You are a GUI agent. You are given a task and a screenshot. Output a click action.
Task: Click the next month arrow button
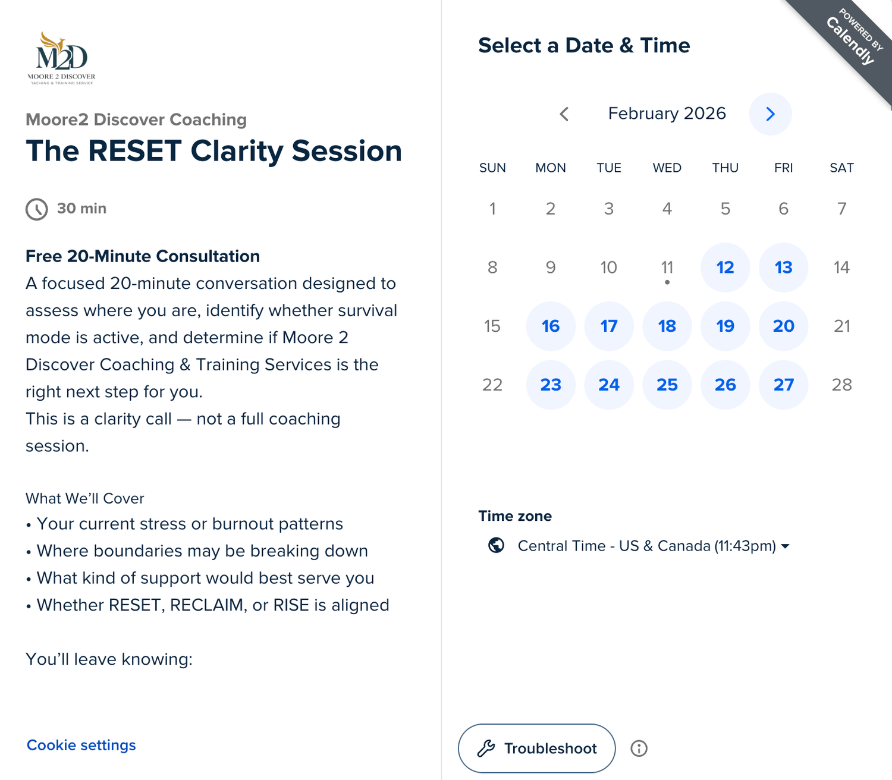(x=770, y=114)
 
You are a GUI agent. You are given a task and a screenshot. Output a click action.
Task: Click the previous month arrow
(x=564, y=114)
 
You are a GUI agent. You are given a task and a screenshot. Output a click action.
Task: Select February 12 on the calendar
(x=725, y=267)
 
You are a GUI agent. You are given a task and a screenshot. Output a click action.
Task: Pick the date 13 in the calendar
(x=783, y=267)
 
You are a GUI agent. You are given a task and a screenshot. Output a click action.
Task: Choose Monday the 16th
(x=551, y=326)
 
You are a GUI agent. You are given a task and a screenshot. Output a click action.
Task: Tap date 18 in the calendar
(x=667, y=326)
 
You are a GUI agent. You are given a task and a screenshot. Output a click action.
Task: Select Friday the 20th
(x=783, y=326)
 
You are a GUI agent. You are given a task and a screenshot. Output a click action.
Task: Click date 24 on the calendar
(x=608, y=385)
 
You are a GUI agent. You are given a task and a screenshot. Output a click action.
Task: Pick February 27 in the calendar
(x=783, y=385)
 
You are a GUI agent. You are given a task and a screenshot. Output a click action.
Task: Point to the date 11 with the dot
(x=667, y=267)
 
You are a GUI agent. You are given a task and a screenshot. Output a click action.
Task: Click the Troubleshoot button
(x=536, y=748)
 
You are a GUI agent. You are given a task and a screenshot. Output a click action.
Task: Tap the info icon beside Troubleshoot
(x=639, y=748)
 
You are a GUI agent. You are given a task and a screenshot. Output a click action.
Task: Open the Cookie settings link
(x=81, y=745)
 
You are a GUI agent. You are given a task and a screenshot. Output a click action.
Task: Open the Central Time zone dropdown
(x=654, y=546)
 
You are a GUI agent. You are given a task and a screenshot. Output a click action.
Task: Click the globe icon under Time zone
(x=496, y=545)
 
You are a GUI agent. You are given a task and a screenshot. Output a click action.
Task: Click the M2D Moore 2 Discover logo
(x=61, y=58)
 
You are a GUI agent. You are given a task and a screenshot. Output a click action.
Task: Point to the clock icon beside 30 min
(x=37, y=209)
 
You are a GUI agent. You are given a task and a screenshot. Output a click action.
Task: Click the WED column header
(x=667, y=168)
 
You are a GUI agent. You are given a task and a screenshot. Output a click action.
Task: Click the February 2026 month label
(x=667, y=114)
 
